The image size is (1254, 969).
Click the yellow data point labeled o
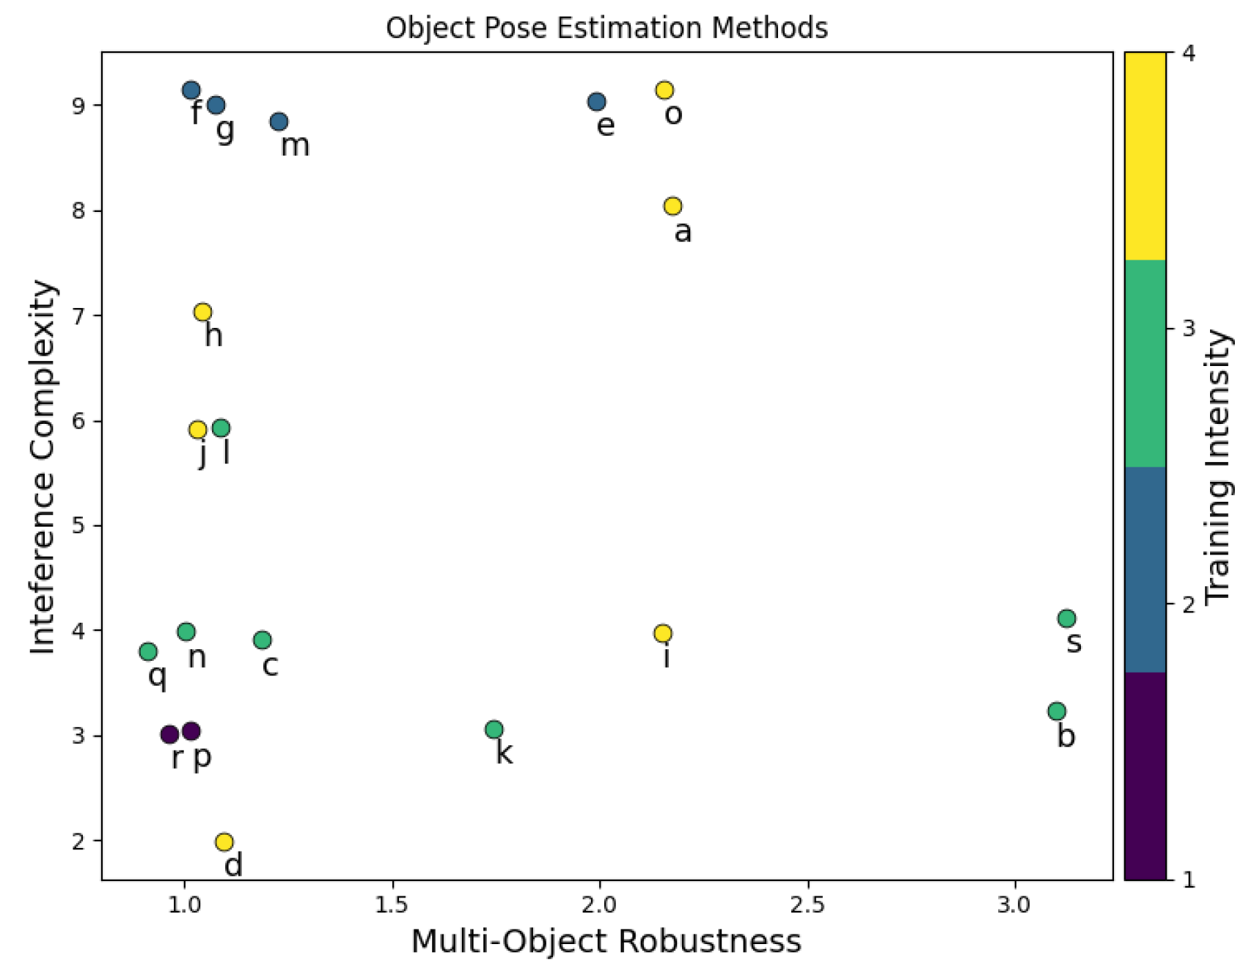pyautogui.click(x=664, y=90)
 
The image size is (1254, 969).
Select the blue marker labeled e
pyautogui.click(x=597, y=102)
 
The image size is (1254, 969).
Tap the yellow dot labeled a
pyautogui.click(x=672, y=206)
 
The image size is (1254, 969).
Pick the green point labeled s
pyautogui.click(x=1067, y=618)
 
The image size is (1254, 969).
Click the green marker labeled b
pyautogui.click(x=1057, y=711)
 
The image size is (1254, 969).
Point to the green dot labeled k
pyautogui.click(x=494, y=729)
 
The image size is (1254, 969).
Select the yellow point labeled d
pyautogui.click(x=224, y=841)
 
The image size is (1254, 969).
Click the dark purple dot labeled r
pyautogui.click(x=169, y=734)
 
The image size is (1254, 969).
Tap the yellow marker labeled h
pyautogui.click(x=203, y=312)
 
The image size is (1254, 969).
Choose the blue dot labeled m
pyautogui.click(x=279, y=122)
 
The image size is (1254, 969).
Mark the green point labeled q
pyautogui.click(x=148, y=651)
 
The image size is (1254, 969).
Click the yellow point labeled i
pyautogui.click(x=663, y=633)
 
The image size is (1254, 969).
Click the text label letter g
pyautogui.click(x=225, y=131)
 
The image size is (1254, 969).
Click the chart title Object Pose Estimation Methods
pyautogui.click(x=606, y=28)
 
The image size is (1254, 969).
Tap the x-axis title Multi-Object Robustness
pyautogui.click(x=606, y=941)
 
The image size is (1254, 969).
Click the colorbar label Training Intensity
pyautogui.click(x=1218, y=467)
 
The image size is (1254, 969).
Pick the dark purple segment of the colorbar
pyautogui.click(x=1145, y=775)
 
